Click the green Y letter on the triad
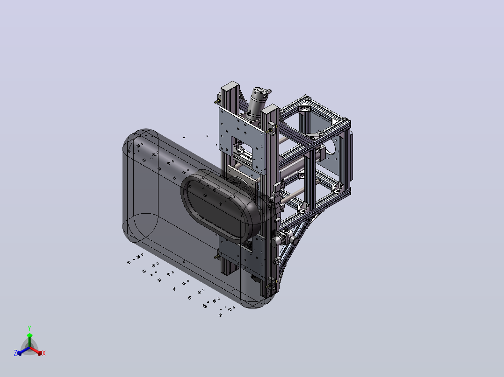tap(29, 328)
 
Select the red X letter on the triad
tap(44, 353)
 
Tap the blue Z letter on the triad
tap(15, 353)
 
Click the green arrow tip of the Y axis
tap(29, 335)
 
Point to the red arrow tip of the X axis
tap(40, 353)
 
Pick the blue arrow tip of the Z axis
tap(19, 353)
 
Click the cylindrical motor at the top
tap(259, 102)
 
